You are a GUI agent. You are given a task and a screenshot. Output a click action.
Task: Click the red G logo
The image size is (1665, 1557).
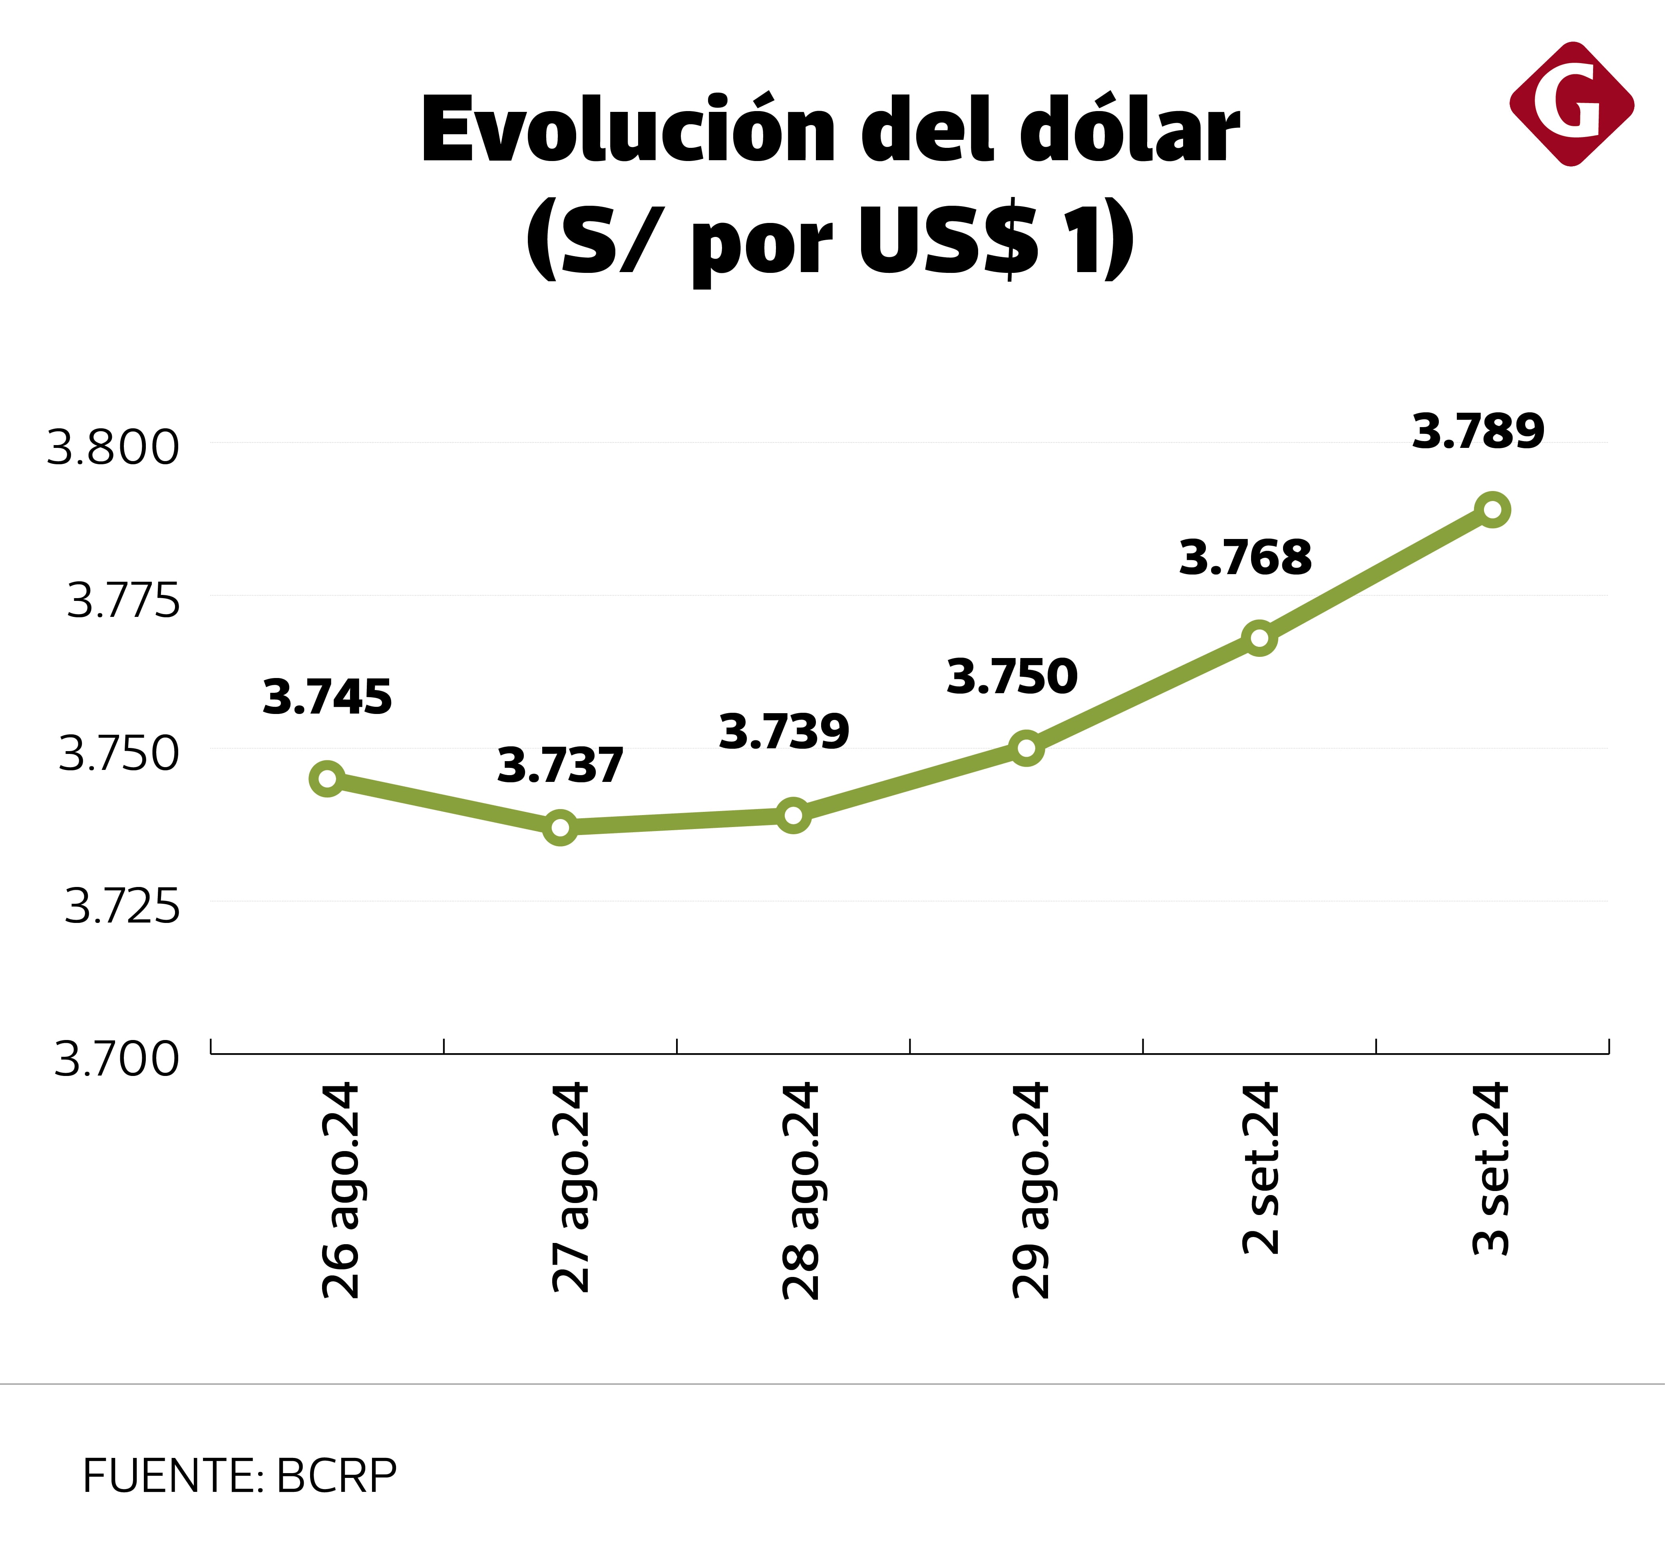tap(1571, 104)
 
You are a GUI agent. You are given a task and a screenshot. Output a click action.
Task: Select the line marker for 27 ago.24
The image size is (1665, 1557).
tap(560, 827)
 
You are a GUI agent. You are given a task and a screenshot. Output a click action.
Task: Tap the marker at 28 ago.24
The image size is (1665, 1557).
tap(793, 815)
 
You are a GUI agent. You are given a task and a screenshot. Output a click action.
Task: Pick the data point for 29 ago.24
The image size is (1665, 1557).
tap(1026, 748)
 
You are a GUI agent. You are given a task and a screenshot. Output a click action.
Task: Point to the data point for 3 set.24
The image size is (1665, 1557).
tap(1492, 509)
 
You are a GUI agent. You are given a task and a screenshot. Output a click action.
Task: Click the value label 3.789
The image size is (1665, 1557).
tap(1477, 432)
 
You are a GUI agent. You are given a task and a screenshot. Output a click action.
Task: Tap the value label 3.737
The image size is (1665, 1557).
tap(559, 766)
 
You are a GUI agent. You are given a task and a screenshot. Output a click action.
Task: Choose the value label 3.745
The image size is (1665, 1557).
tap(326, 697)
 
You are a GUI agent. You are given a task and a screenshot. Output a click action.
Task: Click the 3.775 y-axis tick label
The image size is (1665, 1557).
tap(123, 601)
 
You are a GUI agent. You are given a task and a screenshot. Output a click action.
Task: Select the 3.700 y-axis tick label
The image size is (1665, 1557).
tap(116, 1059)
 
